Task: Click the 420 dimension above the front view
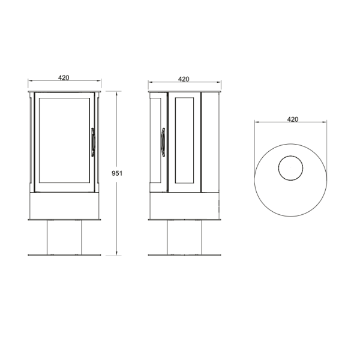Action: (x=64, y=78)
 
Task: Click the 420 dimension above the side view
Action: (x=184, y=78)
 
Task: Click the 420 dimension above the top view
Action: (x=292, y=119)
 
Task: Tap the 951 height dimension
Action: (x=118, y=173)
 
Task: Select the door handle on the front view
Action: (x=92, y=142)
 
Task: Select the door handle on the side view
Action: (x=163, y=142)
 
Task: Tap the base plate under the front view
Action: (x=64, y=255)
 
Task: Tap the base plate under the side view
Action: (x=184, y=255)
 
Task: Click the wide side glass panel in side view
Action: (x=185, y=141)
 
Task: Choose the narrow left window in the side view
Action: (x=155, y=141)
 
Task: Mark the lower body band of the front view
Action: (x=64, y=205)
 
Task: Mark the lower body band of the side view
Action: (x=184, y=205)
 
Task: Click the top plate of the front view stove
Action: (x=64, y=91)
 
